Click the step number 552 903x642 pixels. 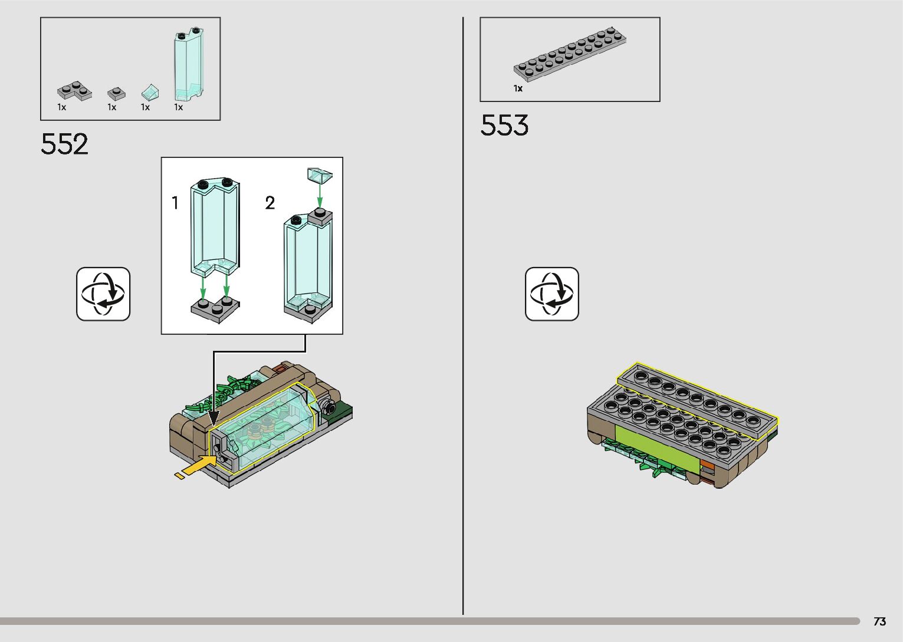pyautogui.click(x=64, y=144)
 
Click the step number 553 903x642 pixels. pyautogui.click(x=504, y=125)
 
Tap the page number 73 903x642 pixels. pyautogui.click(x=880, y=621)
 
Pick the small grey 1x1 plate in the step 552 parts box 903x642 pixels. pyautogui.click(x=116, y=94)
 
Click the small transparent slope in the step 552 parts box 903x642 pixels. pyautogui.click(x=150, y=93)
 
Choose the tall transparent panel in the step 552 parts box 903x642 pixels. pyautogui.click(x=189, y=64)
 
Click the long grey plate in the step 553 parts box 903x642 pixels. pyautogui.click(x=570, y=54)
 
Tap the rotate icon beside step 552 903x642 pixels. pyautogui.click(x=103, y=294)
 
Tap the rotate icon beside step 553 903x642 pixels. pyautogui.click(x=552, y=294)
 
